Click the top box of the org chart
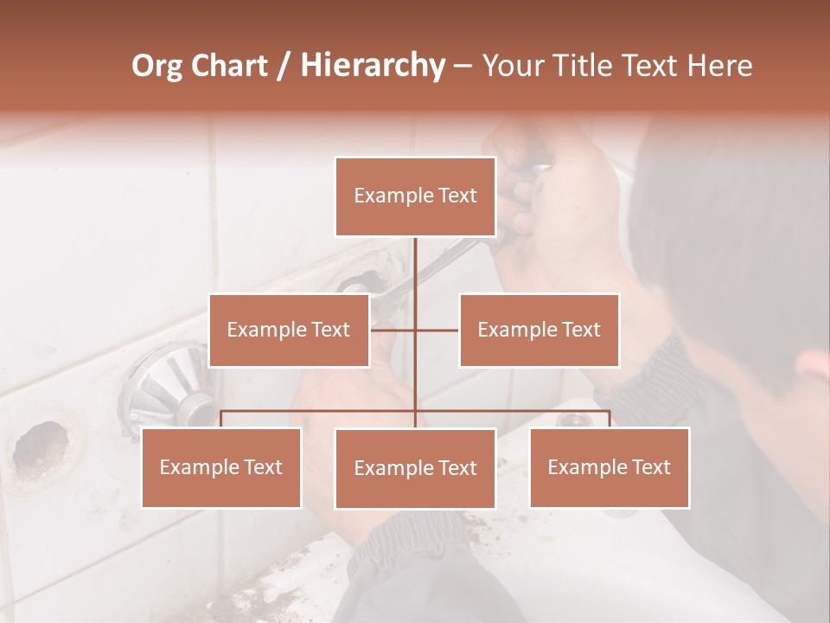click(x=415, y=196)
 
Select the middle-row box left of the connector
click(x=288, y=330)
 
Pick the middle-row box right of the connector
click(x=539, y=330)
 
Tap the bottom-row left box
click(x=221, y=467)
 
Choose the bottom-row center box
click(x=415, y=468)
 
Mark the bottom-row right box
click(x=609, y=467)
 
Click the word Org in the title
click(x=157, y=66)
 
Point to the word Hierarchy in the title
click(x=372, y=66)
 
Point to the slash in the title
click(x=283, y=66)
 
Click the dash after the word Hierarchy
click(x=462, y=66)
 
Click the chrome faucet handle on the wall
click(x=169, y=385)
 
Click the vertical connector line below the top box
click(x=415, y=277)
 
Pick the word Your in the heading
click(x=512, y=66)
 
